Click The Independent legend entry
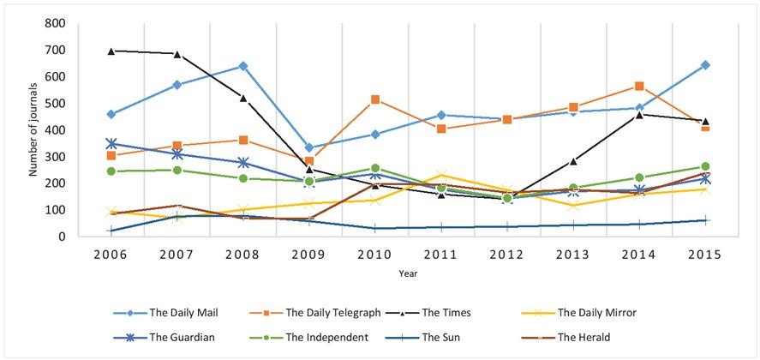click(326, 337)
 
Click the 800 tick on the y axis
click(55, 24)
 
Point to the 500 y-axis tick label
click(55, 104)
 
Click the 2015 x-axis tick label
click(704, 255)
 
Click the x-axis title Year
click(408, 273)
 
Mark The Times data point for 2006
click(111, 51)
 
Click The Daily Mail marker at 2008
click(243, 66)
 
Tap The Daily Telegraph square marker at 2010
click(375, 99)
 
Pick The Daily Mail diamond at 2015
click(705, 64)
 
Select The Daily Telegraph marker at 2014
click(639, 86)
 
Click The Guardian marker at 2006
click(111, 143)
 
